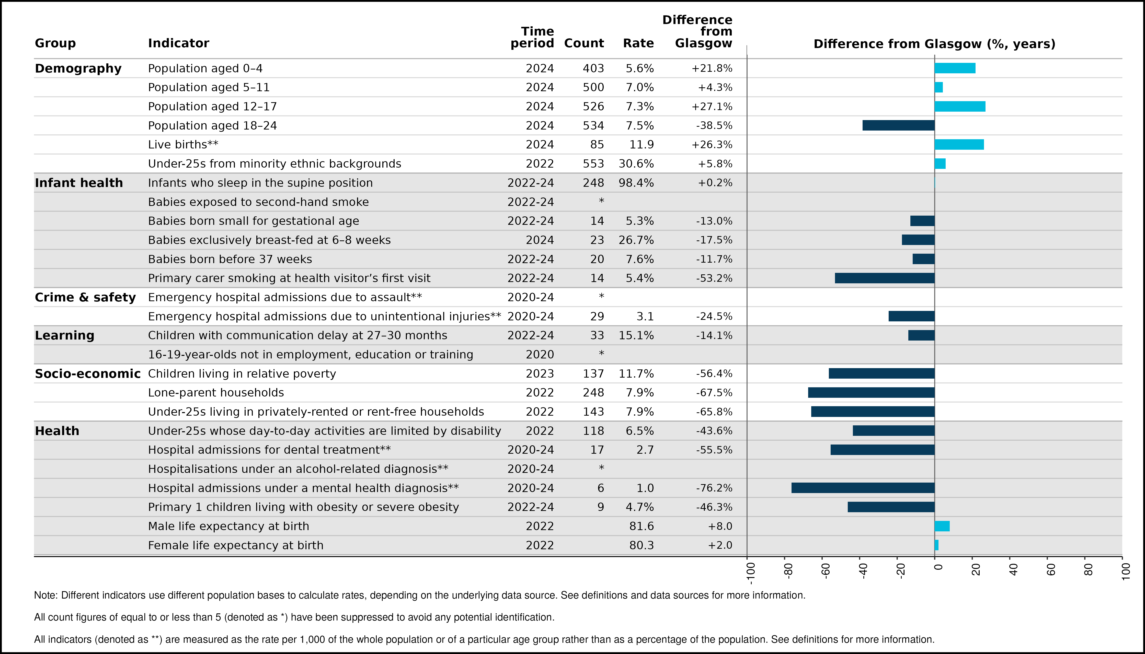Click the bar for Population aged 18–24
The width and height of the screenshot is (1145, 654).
(x=898, y=125)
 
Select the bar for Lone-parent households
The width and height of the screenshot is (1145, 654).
(x=871, y=393)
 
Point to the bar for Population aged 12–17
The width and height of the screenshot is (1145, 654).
(x=960, y=107)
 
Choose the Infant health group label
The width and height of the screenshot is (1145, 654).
(x=79, y=183)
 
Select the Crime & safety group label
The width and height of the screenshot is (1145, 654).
(x=85, y=297)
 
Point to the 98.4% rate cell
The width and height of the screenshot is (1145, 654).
(x=636, y=183)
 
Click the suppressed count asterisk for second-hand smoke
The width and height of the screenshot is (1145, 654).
(x=601, y=201)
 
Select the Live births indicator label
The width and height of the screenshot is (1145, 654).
(x=183, y=145)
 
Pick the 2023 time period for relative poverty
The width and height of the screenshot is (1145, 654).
(x=540, y=374)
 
